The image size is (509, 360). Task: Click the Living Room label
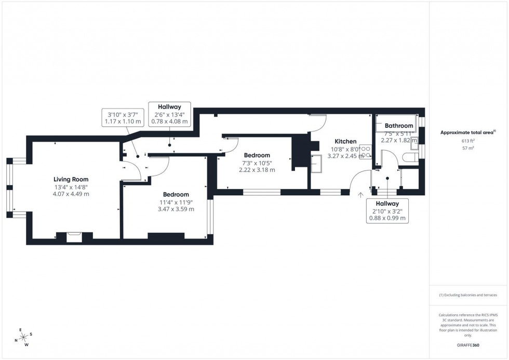(71, 179)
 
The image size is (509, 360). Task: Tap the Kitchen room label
(345, 141)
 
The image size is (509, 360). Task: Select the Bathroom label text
(399, 126)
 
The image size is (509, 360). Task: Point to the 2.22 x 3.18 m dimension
(257, 170)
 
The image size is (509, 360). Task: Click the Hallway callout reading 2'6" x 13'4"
(169, 114)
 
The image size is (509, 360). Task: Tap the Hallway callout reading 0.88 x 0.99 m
(387, 211)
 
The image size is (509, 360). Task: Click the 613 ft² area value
(468, 141)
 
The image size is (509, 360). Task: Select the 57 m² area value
(468, 148)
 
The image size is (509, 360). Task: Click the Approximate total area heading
(468, 132)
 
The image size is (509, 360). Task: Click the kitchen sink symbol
(316, 164)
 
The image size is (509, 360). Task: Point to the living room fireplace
(74, 236)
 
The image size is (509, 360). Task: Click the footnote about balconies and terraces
(468, 295)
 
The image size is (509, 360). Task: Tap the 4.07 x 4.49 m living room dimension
(71, 194)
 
